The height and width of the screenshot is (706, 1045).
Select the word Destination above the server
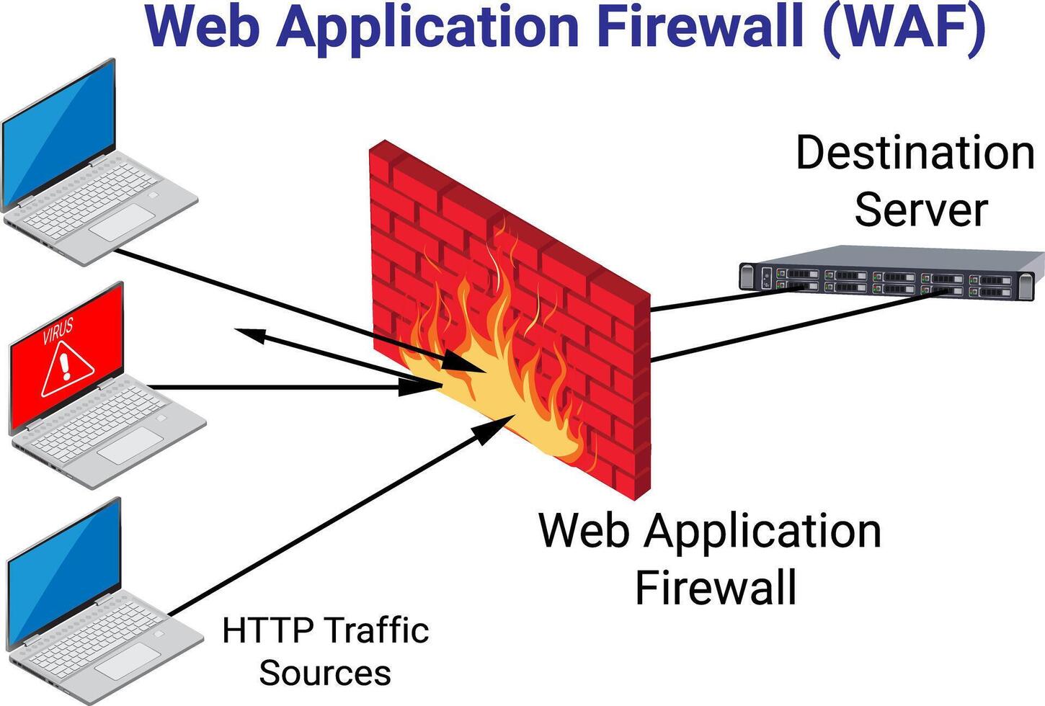click(x=915, y=153)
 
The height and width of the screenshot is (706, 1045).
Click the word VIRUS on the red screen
click(x=58, y=331)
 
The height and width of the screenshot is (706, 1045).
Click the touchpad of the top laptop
click(x=123, y=223)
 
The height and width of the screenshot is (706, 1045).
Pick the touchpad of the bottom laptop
click(x=128, y=661)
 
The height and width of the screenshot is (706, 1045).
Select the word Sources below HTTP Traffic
click(x=324, y=673)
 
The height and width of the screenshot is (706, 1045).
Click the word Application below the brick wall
click(x=762, y=532)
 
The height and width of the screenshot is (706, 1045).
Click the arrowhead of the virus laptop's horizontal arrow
click(x=418, y=387)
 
